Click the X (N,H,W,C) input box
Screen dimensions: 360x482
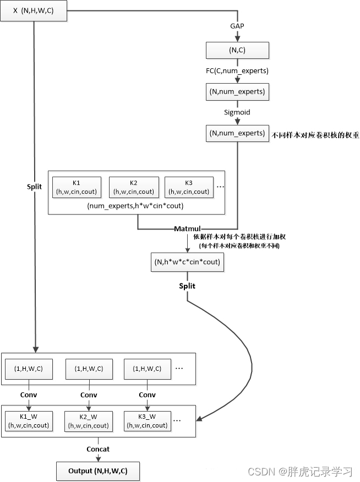click(34, 11)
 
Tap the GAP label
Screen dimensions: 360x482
click(237, 26)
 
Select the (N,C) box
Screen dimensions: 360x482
click(237, 50)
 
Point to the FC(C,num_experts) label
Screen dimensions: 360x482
click(237, 71)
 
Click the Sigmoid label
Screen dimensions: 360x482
click(237, 112)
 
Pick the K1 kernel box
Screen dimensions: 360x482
click(77, 187)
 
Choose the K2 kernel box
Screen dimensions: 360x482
click(134, 187)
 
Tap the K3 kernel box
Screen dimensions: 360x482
click(189, 187)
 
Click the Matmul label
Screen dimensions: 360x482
click(187, 229)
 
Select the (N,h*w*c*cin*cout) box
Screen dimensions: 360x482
click(187, 262)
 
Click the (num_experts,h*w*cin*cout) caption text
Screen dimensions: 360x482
click(135, 206)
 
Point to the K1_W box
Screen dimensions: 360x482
click(29, 421)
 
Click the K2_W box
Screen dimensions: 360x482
click(89, 421)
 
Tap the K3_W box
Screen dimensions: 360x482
click(148, 421)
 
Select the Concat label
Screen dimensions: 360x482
click(98, 449)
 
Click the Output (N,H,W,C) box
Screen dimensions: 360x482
click(98, 471)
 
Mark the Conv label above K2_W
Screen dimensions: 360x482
click(89, 395)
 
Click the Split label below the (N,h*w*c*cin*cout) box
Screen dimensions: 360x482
click(187, 286)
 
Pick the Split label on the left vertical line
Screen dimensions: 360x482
click(34, 187)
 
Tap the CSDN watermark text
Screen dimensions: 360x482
click(300, 471)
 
